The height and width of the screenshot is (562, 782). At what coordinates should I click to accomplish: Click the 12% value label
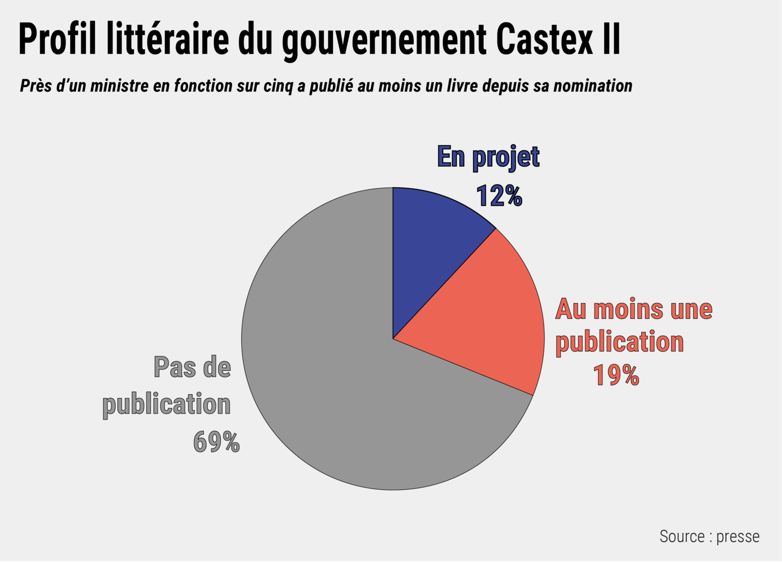[x=499, y=195]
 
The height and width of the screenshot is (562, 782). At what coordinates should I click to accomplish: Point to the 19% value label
[x=616, y=375]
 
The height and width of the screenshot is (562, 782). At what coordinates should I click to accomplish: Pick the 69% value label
[x=216, y=441]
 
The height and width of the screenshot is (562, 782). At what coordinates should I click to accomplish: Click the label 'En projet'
[x=488, y=156]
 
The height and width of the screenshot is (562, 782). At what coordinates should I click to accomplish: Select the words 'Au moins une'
[x=634, y=309]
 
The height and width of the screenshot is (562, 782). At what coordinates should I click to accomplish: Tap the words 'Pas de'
[x=192, y=367]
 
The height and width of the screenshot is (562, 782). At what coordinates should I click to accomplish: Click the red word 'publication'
[x=620, y=342]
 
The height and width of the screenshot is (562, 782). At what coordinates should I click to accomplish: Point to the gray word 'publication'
[x=166, y=404]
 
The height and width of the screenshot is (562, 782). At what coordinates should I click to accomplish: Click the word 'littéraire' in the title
[x=168, y=39]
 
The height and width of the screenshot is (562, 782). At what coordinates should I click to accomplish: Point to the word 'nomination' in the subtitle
[x=593, y=85]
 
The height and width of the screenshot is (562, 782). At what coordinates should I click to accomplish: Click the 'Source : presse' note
[x=709, y=536]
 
